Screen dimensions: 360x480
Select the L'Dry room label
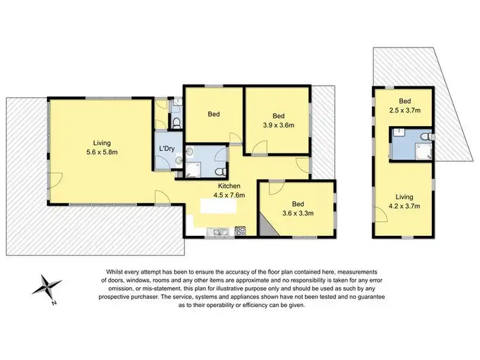coord(167,149)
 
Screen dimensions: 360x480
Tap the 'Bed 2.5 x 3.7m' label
coord(404,106)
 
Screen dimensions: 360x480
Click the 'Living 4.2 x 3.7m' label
coord(404,201)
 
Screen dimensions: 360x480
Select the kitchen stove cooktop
coord(241,230)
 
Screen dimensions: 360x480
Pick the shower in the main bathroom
coord(193,169)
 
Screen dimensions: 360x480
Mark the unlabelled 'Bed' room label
coord(214,114)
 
